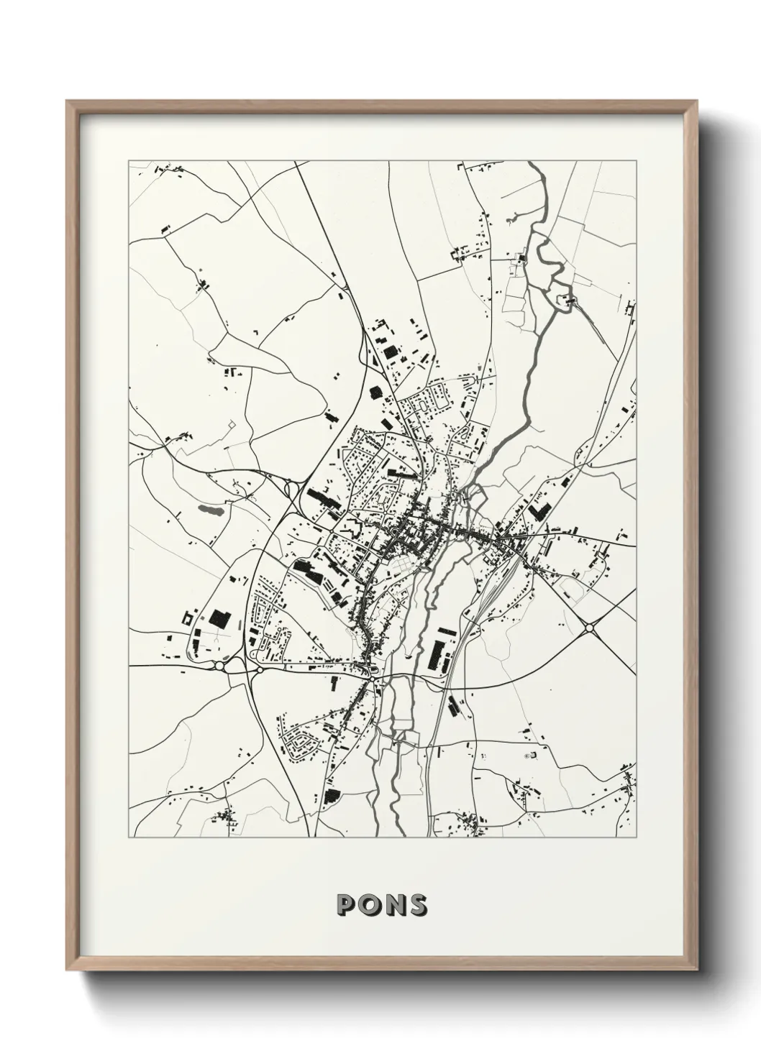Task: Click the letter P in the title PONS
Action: pyautogui.click(x=347, y=905)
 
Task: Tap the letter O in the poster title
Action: pyautogui.click(x=370, y=905)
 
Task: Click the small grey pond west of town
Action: pyautogui.click(x=209, y=510)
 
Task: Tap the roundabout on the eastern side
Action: pyautogui.click(x=590, y=628)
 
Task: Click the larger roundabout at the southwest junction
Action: pyautogui.click(x=219, y=666)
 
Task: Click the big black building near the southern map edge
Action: pyautogui.click(x=332, y=795)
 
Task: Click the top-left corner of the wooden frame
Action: pyautogui.click(x=68, y=101)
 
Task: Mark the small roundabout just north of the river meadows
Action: pyautogui.click(x=375, y=671)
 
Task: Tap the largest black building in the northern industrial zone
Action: pyautogui.click(x=389, y=352)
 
